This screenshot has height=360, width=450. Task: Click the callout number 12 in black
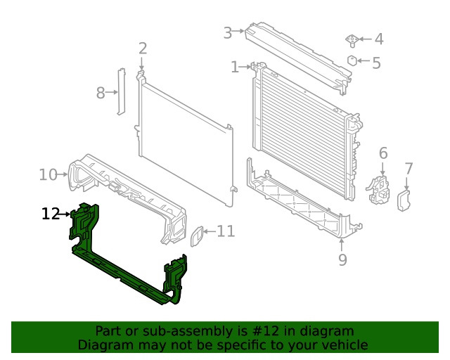(x=51, y=214)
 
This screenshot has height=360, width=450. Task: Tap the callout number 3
(x=228, y=33)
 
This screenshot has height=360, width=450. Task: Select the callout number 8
(x=101, y=93)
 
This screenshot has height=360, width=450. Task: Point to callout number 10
(x=48, y=174)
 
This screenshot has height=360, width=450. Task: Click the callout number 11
(x=226, y=231)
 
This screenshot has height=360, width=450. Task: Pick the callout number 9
(x=342, y=259)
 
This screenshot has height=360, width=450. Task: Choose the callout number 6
(x=383, y=153)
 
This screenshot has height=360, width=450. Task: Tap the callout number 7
(x=409, y=169)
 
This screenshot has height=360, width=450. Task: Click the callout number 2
(x=143, y=49)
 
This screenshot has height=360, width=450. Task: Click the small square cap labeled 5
(x=352, y=60)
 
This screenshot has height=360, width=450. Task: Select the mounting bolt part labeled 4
(x=352, y=41)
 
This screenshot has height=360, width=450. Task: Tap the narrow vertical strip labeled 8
(x=122, y=91)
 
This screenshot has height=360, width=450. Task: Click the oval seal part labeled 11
(x=197, y=236)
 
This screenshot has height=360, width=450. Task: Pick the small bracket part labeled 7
(x=404, y=200)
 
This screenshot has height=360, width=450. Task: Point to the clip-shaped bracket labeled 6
(x=378, y=189)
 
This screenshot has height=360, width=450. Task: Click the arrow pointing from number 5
(x=364, y=60)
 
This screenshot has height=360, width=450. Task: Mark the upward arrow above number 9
(x=342, y=245)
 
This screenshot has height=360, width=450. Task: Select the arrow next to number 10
(x=63, y=174)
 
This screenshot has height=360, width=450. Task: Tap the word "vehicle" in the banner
(x=347, y=345)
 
